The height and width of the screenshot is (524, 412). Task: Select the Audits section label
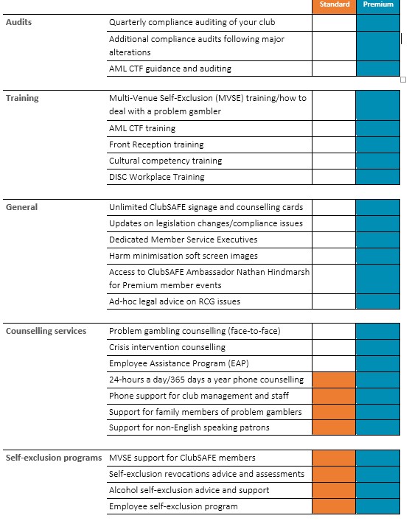[18, 22]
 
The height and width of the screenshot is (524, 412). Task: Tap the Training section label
[22, 98]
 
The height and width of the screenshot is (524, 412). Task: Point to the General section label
[21, 207]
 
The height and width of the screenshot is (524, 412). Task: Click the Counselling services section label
[46, 331]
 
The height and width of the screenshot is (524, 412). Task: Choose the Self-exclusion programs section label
[54, 458]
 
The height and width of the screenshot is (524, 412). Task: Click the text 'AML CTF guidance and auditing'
[170, 69]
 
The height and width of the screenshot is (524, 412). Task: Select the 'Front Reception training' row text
[156, 144]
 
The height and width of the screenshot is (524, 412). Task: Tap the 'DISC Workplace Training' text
[157, 177]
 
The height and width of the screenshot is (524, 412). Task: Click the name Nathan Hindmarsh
[273, 272]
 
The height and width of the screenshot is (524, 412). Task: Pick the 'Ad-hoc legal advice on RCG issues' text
[175, 301]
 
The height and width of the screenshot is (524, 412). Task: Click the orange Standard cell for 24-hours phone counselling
[334, 380]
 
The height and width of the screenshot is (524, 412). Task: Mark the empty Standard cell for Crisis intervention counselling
[334, 348]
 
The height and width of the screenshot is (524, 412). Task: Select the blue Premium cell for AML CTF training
[377, 129]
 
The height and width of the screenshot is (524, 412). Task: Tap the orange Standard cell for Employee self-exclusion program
[334, 506]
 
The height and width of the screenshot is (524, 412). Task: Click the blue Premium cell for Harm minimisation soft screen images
[377, 256]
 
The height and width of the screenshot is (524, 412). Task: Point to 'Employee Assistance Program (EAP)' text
[179, 363]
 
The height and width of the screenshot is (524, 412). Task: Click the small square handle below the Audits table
[403, 80]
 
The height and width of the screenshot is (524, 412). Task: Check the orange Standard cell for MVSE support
[334, 458]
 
